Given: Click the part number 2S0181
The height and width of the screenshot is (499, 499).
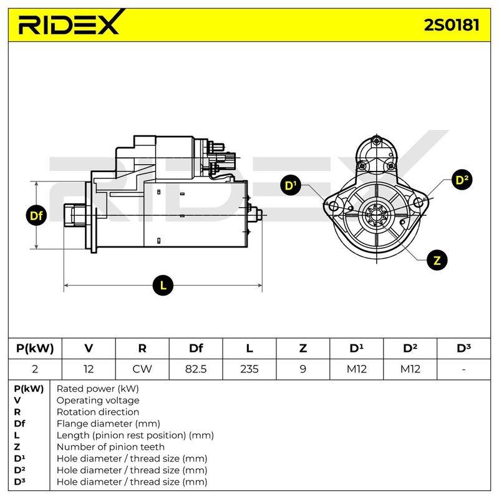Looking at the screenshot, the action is (x=451, y=25).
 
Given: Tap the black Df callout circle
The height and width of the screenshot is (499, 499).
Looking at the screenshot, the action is (x=36, y=215).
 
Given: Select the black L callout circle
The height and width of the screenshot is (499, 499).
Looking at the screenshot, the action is (x=163, y=285).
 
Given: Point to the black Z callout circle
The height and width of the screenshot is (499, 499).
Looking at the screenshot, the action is (x=437, y=260).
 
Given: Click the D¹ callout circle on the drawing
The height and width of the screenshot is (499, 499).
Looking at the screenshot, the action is (x=291, y=185).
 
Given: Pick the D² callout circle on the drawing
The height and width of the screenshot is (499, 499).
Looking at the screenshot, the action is (x=462, y=180).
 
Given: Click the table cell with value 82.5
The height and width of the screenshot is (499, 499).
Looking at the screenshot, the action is (x=196, y=369).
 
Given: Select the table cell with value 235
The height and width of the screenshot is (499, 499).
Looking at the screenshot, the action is (x=249, y=369).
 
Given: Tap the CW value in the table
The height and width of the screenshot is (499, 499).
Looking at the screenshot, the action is (x=142, y=369).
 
